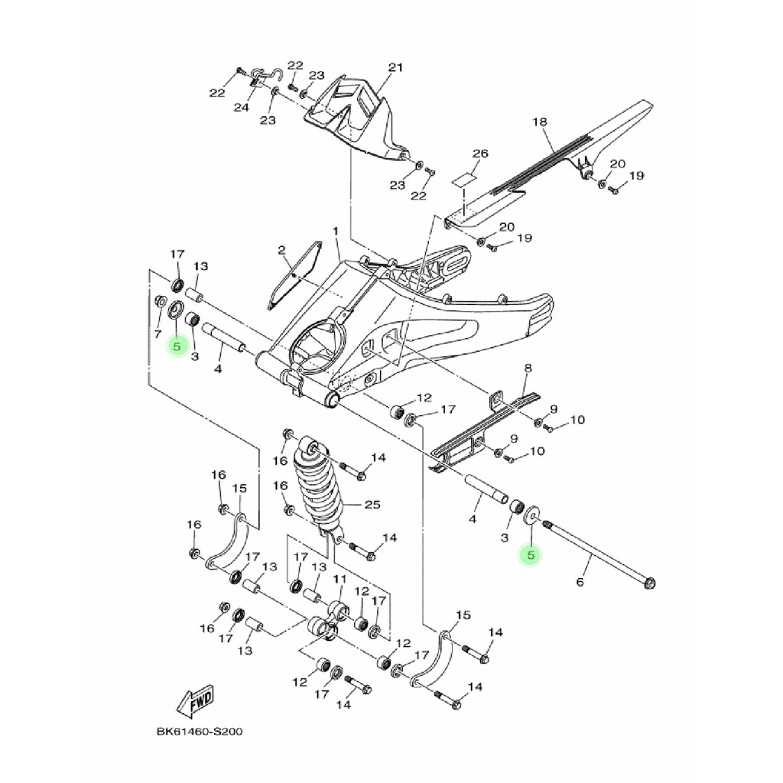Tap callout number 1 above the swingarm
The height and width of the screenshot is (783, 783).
pos(335,231)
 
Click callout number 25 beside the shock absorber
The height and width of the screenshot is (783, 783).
pos(372,505)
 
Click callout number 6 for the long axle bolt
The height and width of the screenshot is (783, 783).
pos(580,583)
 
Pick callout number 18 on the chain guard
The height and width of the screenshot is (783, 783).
pos(539,122)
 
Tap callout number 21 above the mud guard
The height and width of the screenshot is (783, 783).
pos(395,68)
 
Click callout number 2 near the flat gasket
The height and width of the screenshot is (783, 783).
pos(281,250)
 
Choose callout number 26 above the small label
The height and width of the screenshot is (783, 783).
pos(479,154)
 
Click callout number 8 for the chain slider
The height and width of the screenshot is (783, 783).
pos(527,369)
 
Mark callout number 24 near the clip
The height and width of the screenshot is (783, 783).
pos(242,108)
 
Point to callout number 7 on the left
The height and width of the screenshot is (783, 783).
pos(158,334)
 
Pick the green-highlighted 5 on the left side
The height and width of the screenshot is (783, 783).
pos(177,346)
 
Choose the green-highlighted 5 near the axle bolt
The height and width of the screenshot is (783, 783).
pos(529,555)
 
